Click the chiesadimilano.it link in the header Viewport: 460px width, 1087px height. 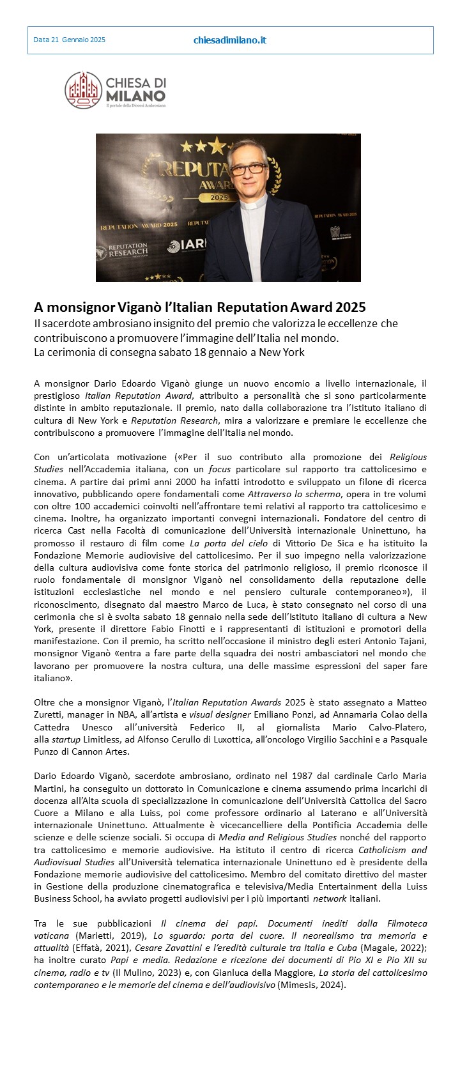(x=229, y=40)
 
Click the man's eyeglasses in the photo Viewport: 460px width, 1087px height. (x=245, y=168)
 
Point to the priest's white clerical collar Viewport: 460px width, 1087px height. (x=253, y=204)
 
